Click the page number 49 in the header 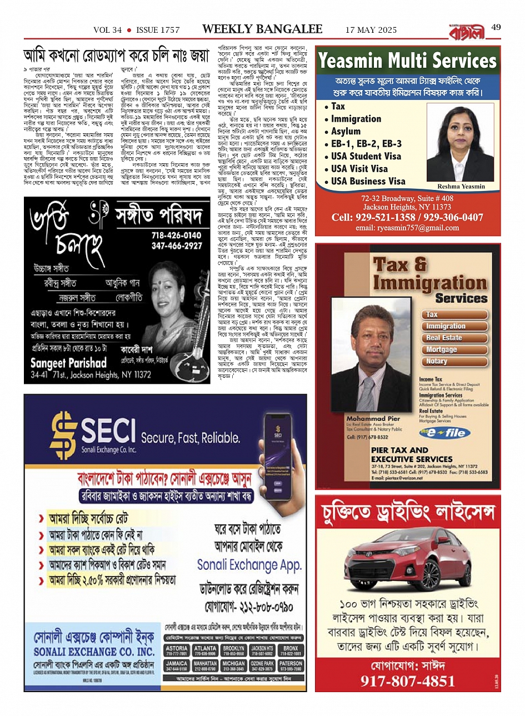[496, 27]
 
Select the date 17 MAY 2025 [371, 30]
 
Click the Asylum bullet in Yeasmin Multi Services [346, 131]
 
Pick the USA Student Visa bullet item [366, 156]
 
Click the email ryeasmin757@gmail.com [407, 228]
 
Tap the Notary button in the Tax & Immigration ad [437, 361]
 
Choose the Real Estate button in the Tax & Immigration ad [444, 338]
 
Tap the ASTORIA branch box [177, 651]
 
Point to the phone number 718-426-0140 [177, 236]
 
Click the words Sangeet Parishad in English [68, 363]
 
